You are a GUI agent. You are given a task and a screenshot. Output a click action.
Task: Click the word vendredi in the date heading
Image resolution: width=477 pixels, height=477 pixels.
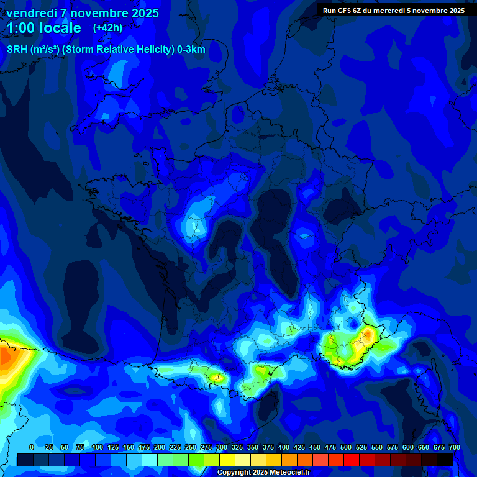32,13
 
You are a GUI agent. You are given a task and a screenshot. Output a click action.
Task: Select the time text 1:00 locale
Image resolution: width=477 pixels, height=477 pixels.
43,28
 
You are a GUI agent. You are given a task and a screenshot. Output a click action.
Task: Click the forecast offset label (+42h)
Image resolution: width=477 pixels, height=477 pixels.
107,27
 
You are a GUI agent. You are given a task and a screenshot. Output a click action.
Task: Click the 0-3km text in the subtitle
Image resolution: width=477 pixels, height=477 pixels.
191,50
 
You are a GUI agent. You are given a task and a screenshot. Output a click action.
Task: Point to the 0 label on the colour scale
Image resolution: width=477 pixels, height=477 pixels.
32,447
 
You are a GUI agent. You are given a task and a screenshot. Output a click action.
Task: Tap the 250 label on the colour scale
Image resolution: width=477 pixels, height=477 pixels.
191,447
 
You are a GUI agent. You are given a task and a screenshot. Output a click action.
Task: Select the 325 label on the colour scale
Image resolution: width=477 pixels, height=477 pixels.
237,447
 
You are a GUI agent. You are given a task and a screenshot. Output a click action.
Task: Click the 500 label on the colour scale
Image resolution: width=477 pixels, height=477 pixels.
346,447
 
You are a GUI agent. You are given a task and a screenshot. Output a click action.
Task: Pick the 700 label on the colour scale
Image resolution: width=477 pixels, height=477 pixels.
455,447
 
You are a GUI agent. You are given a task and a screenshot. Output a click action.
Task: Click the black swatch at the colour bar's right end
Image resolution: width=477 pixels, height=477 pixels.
445,460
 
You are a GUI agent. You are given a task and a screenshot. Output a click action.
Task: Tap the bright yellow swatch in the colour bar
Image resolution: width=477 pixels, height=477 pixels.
227,460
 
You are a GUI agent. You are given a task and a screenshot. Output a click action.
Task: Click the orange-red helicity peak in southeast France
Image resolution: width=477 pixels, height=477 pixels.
368,335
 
